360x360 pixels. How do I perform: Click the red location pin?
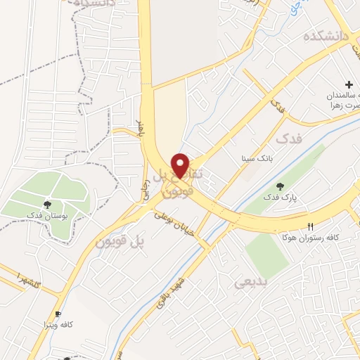pyautogui.click(x=181, y=165)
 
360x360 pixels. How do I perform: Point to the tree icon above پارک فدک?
pyautogui.click(x=281, y=187)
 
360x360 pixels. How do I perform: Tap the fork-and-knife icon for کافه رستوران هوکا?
pyautogui.click(x=310, y=226)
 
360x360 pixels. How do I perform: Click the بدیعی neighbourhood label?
pyautogui.click(x=247, y=282)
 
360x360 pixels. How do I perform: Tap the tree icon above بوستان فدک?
pyautogui.click(x=46, y=204)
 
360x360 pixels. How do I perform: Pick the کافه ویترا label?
pyautogui.click(x=58, y=326)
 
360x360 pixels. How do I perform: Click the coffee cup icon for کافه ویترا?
pyautogui.click(x=58, y=314)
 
